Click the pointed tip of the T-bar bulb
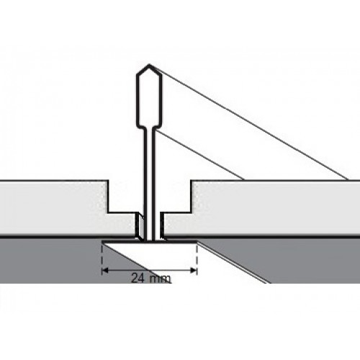click(x=149, y=65)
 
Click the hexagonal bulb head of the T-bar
click(x=149, y=96)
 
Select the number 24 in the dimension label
click(x=138, y=279)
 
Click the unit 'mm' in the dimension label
click(x=160, y=279)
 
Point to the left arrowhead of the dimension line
click(x=105, y=271)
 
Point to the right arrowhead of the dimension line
click(x=194, y=271)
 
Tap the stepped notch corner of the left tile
click(x=108, y=212)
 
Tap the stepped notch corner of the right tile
click(x=192, y=212)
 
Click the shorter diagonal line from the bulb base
click(x=199, y=155)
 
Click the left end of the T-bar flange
click(x=103, y=241)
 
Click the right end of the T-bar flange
click(x=197, y=241)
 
